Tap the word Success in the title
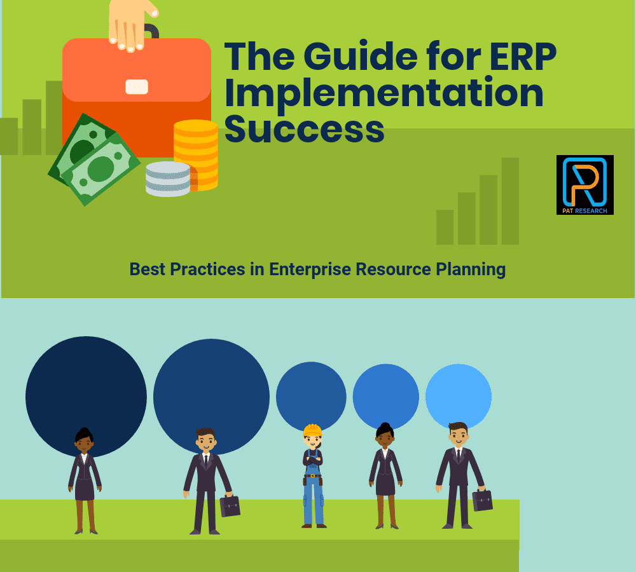click(x=304, y=129)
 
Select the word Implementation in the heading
click(x=384, y=94)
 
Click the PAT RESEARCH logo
click(x=585, y=185)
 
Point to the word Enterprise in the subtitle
click(x=310, y=269)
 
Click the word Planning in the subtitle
click(x=471, y=269)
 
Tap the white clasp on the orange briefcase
click(x=137, y=86)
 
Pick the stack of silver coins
click(x=168, y=179)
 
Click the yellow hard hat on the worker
click(x=312, y=430)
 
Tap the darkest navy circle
click(x=86, y=397)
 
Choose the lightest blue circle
click(x=459, y=396)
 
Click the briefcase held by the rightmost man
click(x=482, y=500)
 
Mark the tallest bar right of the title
click(x=510, y=201)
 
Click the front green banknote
click(x=100, y=168)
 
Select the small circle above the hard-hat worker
click(x=311, y=396)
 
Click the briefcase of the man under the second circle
click(x=230, y=506)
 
